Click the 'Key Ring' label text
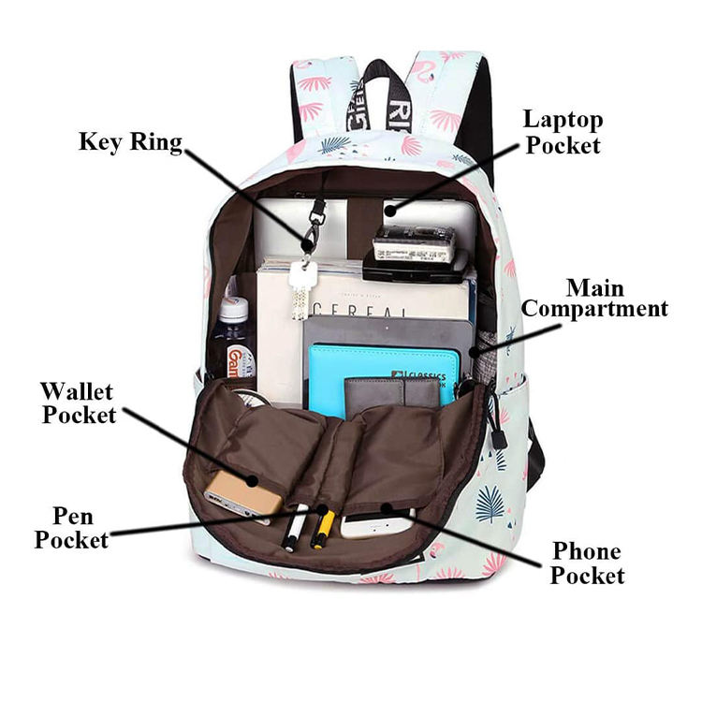pyautogui.click(x=130, y=141)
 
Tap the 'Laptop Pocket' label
pyautogui.click(x=562, y=132)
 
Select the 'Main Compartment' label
pyautogui.click(x=594, y=298)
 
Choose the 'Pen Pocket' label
pyautogui.click(x=72, y=527)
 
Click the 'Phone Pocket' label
pyautogui.click(x=587, y=563)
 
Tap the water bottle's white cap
pyautogui.click(x=233, y=308)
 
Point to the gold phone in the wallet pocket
pyautogui.click(x=242, y=493)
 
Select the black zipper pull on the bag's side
pyautogui.click(x=499, y=436)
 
